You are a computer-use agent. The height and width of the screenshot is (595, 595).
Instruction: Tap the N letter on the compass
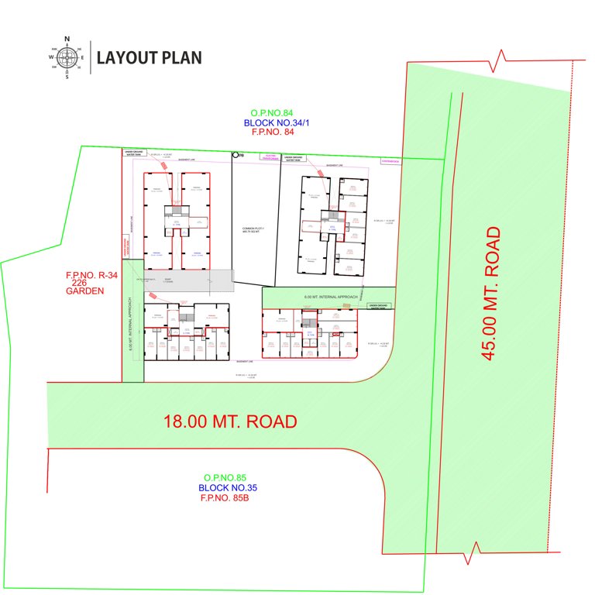pyautogui.click(x=67, y=38)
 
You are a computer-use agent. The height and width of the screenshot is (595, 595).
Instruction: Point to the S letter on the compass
pyautogui.click(x=67, y=77)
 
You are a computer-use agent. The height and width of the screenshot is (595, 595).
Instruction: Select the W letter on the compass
pyautogui.click(x=50, y=57)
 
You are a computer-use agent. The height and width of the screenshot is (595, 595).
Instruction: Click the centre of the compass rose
pyautogui.click(x=67, y=57)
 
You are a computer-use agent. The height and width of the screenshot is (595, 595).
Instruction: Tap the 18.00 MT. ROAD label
pyautogui.click(x=230, y=422)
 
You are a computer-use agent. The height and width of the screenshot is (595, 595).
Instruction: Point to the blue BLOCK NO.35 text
pyautogui.click(x=228, y=487)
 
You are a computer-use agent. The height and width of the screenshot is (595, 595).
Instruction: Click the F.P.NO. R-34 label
pyautogui.click(x=92, y=275)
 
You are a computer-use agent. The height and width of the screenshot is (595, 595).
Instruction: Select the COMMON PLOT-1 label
pyautogui.click(x=253, y=230)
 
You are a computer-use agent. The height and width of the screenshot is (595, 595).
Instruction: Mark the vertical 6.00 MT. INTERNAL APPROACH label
pyautogui.click(x=132, y=325)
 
